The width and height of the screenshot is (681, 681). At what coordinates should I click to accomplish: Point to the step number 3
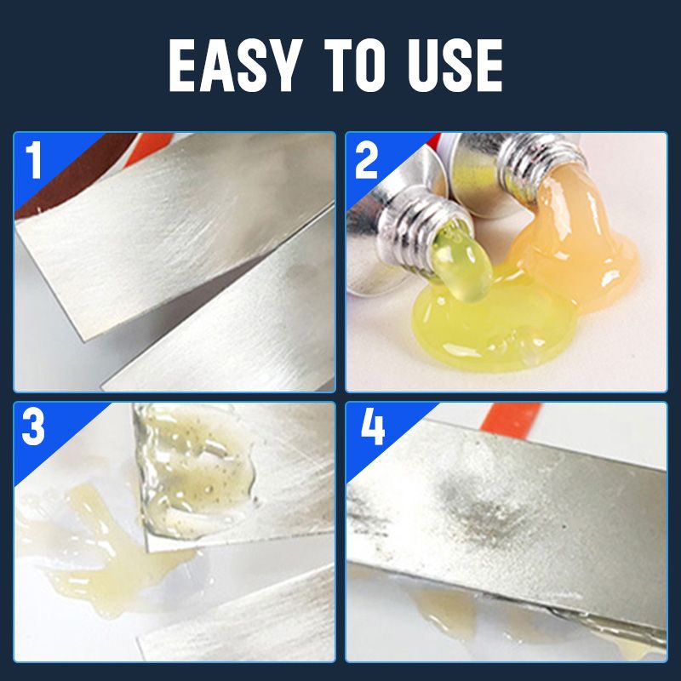[x=33, y=430]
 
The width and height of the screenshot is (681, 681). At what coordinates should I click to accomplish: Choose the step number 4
[x=373, y=430]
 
